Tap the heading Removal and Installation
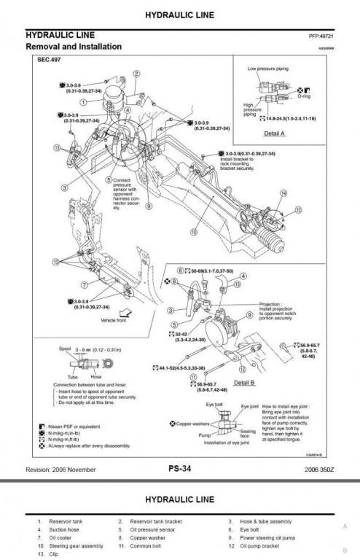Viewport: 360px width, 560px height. click(x=74, y=46)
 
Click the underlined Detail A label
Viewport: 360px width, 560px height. click(x=274, y=133)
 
